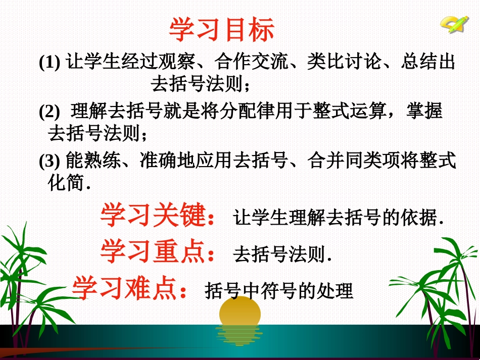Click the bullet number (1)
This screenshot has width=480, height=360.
click(x=49, y=63)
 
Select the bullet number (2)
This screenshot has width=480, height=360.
click(x=49, y=112)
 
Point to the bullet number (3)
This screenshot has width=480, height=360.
click(x=49, y=161)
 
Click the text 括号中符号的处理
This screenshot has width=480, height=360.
click(x=279, y=291)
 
